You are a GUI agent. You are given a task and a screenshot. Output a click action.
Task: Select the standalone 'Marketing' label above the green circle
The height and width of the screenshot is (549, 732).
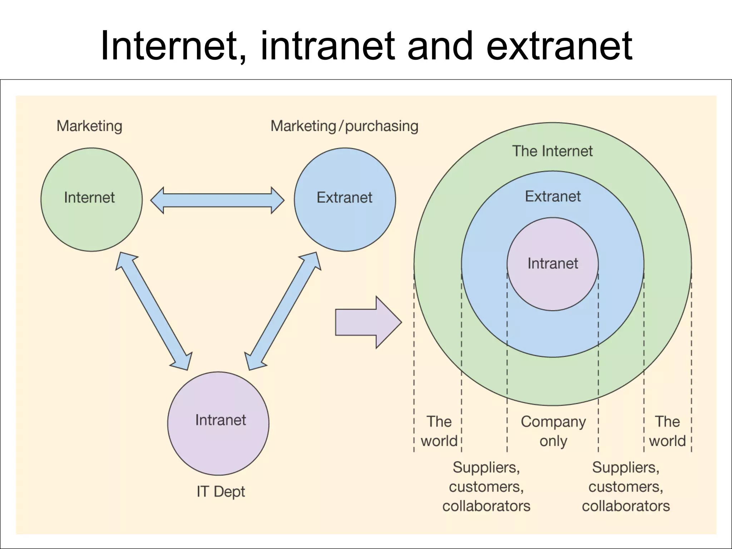[x=89, y=126]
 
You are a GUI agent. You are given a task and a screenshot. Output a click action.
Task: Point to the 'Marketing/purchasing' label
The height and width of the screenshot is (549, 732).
[x=344, y=126]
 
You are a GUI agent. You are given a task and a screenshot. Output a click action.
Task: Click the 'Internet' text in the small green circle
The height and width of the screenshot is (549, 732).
[x=89, y=198]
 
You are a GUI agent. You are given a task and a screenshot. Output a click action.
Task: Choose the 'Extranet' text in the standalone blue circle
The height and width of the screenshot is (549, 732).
[x=345, y=198]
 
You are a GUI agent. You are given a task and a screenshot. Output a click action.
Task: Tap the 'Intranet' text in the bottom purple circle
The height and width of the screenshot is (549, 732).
[x=221, y=420]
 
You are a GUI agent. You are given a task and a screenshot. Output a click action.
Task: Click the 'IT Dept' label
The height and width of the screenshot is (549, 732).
[x=221, y=491]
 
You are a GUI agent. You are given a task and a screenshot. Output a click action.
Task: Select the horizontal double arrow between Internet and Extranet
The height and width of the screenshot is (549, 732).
[x=217, y=200]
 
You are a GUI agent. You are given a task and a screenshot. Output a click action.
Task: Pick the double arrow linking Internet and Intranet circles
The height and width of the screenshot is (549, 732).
[x=154, y=311]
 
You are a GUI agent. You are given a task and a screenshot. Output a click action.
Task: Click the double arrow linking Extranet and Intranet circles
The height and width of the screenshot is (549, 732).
[x=283, y=311]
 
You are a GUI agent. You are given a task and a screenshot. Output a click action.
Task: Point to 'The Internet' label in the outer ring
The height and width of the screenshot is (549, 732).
[x=552, y=151]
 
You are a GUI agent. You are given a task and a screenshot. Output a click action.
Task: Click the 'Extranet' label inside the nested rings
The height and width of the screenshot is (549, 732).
[x=553, y=197]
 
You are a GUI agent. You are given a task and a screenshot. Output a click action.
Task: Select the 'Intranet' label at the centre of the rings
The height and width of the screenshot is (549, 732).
[x=553, y=264]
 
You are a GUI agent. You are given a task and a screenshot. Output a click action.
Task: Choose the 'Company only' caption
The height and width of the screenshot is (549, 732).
[x=553, y=431]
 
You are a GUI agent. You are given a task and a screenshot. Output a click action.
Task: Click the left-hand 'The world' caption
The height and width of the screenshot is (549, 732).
[x=439, y=431]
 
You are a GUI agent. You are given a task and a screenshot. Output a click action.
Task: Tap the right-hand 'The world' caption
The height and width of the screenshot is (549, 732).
[x=667, y=431]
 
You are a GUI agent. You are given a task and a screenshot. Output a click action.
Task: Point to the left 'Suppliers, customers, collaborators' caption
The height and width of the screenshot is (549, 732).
[x=486, y=487]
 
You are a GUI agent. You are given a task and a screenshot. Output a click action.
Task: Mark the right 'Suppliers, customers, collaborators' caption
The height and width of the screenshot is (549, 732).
[x=625, y=487]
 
